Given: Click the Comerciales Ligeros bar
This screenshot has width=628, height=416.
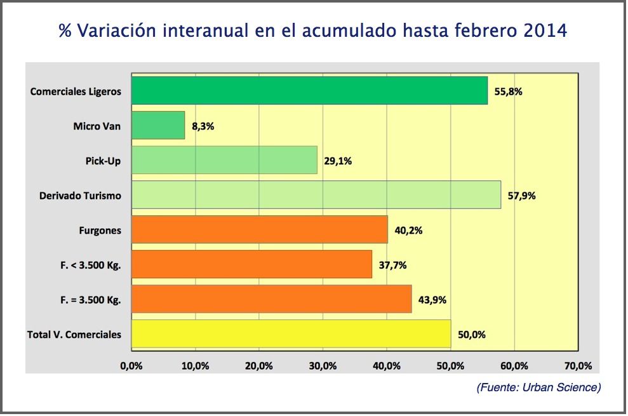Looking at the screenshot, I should pyautogui.click(x=309, y=91).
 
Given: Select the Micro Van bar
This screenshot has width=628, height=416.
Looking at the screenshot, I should pyautogui.click(x=158, y=126).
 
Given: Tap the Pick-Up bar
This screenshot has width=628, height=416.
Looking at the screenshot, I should pyautogui.click(x=224, y=160).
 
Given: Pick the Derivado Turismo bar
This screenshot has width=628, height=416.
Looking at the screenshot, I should pyautogui.click(x=316, y=195).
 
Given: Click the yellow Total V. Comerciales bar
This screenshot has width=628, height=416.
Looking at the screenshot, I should pyautogui.click(x=291, y=333).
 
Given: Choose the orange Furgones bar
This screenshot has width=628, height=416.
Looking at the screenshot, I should pyautogui.click(x=259, y=229).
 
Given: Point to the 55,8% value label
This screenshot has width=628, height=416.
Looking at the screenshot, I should pyautogui.click(x=508, y=91).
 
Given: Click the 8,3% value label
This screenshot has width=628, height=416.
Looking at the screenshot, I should pyautogui.click(x=203, y=126).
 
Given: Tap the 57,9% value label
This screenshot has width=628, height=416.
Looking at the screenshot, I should pyautogui.click(x=521, y=196).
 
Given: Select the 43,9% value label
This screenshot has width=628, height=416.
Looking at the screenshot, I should pyautogui.click(x=432, y=299).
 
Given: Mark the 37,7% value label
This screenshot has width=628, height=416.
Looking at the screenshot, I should pyautogui.click(x=392, y=265).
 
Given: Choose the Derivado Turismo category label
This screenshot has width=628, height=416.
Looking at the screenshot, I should pyautogui.click(x=80, y=196).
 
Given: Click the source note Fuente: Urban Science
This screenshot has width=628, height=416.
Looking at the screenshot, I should pyautogui.click(x=538, y=387).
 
